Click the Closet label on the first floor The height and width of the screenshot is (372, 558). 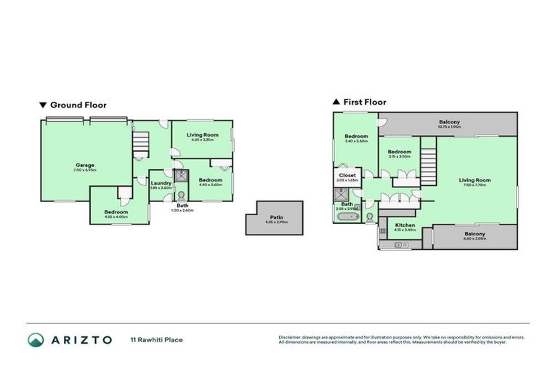[347, 177]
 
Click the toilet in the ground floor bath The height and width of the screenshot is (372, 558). [177, 195]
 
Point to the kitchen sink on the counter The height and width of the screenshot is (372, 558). [398, 245]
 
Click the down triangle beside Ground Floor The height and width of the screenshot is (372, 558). [42, 105]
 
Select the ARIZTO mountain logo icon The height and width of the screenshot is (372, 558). [35, 339]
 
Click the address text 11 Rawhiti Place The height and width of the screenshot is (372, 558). [156, 339]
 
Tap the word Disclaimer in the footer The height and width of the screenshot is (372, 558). [291, 337]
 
